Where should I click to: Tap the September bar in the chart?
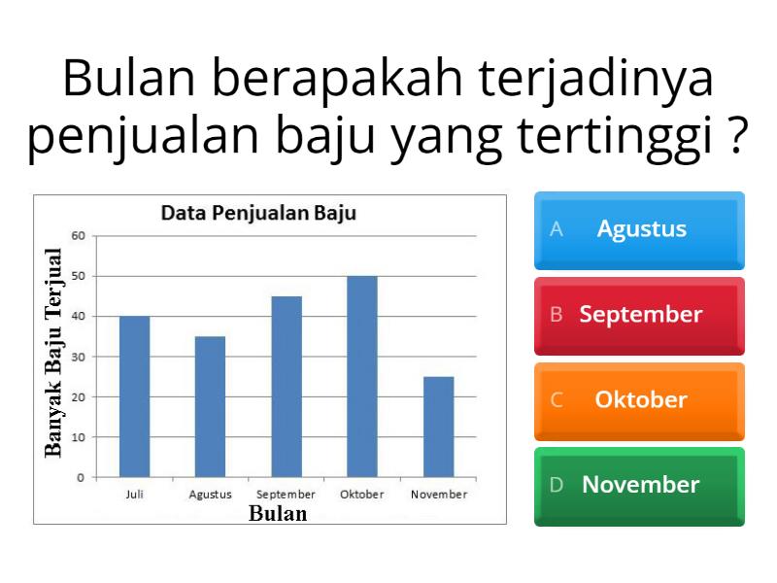point(287,387)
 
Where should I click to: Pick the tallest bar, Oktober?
point(362,377)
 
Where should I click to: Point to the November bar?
point(438,427)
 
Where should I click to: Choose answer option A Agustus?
point(639,229)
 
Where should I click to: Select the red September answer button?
point(639,315)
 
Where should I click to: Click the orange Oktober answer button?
point(639,400)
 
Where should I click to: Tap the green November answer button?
point(639,485)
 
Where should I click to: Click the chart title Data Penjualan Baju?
point(258,213)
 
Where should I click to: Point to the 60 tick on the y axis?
point(79,235)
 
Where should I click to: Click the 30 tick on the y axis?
point(79,357)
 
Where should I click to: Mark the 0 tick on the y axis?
point(82,477)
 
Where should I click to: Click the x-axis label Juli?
point(134,495)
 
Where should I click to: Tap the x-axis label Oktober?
point(362,495)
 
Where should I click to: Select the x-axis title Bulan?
point(278,514)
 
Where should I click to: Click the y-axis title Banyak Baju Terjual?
point(53,352)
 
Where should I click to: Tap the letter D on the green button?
point(557,485)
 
